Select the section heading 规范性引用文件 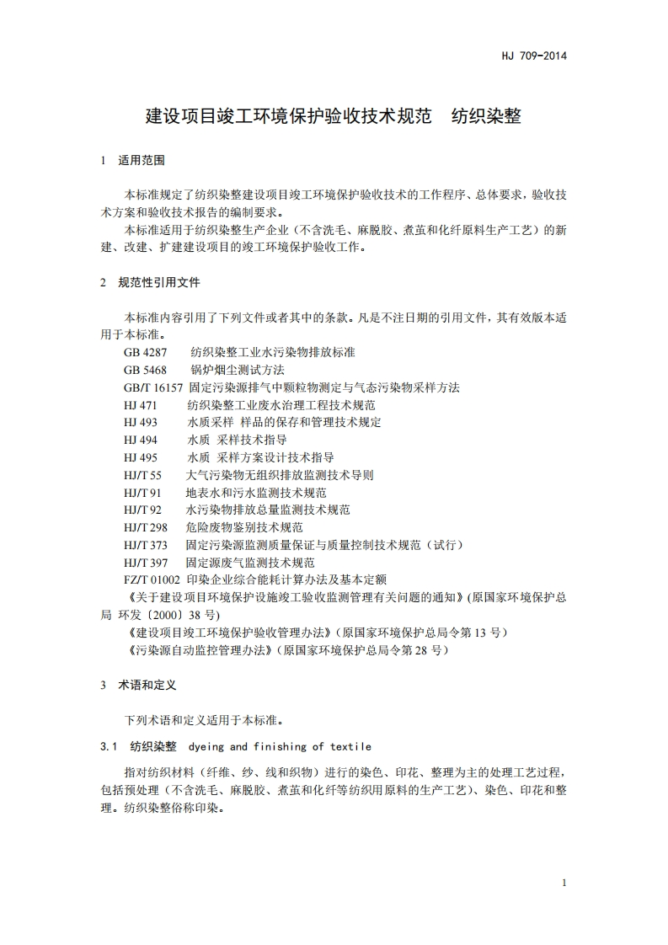159,282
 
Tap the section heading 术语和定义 147,686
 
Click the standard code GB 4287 145,352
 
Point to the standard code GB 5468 145,370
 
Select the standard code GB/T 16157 152,387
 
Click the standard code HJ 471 140,405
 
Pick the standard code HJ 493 140,422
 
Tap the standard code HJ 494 140,440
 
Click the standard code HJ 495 140,457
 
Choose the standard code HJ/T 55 142,475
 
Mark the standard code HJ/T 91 142,493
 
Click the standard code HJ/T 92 142,510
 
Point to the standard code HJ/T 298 145,527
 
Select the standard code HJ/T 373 145,545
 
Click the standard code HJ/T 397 145,563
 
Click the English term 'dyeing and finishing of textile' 280,746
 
